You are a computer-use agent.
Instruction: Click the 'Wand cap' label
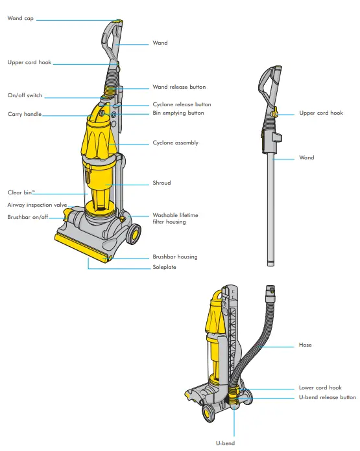pos(20,19)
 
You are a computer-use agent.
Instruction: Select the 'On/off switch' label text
pos(25,95)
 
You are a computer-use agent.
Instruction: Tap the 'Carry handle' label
pos(24,114)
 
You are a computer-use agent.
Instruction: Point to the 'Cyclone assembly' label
pos(175,143)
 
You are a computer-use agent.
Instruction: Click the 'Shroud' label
pos(162,183)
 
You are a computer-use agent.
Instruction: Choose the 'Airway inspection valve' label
pos(37,205)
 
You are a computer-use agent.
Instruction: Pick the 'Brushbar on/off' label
pos(28,217)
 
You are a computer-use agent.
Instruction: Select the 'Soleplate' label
pos(164,266)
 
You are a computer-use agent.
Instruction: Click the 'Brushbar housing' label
pos(174,257)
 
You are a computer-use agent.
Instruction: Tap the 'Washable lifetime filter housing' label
pos(175,218)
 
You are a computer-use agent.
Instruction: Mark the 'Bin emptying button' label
pos(178,113)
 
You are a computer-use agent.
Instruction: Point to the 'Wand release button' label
pos(179,87)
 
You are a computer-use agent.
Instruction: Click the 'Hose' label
pos(305,345)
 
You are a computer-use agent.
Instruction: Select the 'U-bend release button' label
pos(327,397)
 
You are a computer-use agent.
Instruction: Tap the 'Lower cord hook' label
pos(320,387)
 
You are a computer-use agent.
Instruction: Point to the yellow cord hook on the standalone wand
pos(274,114)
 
